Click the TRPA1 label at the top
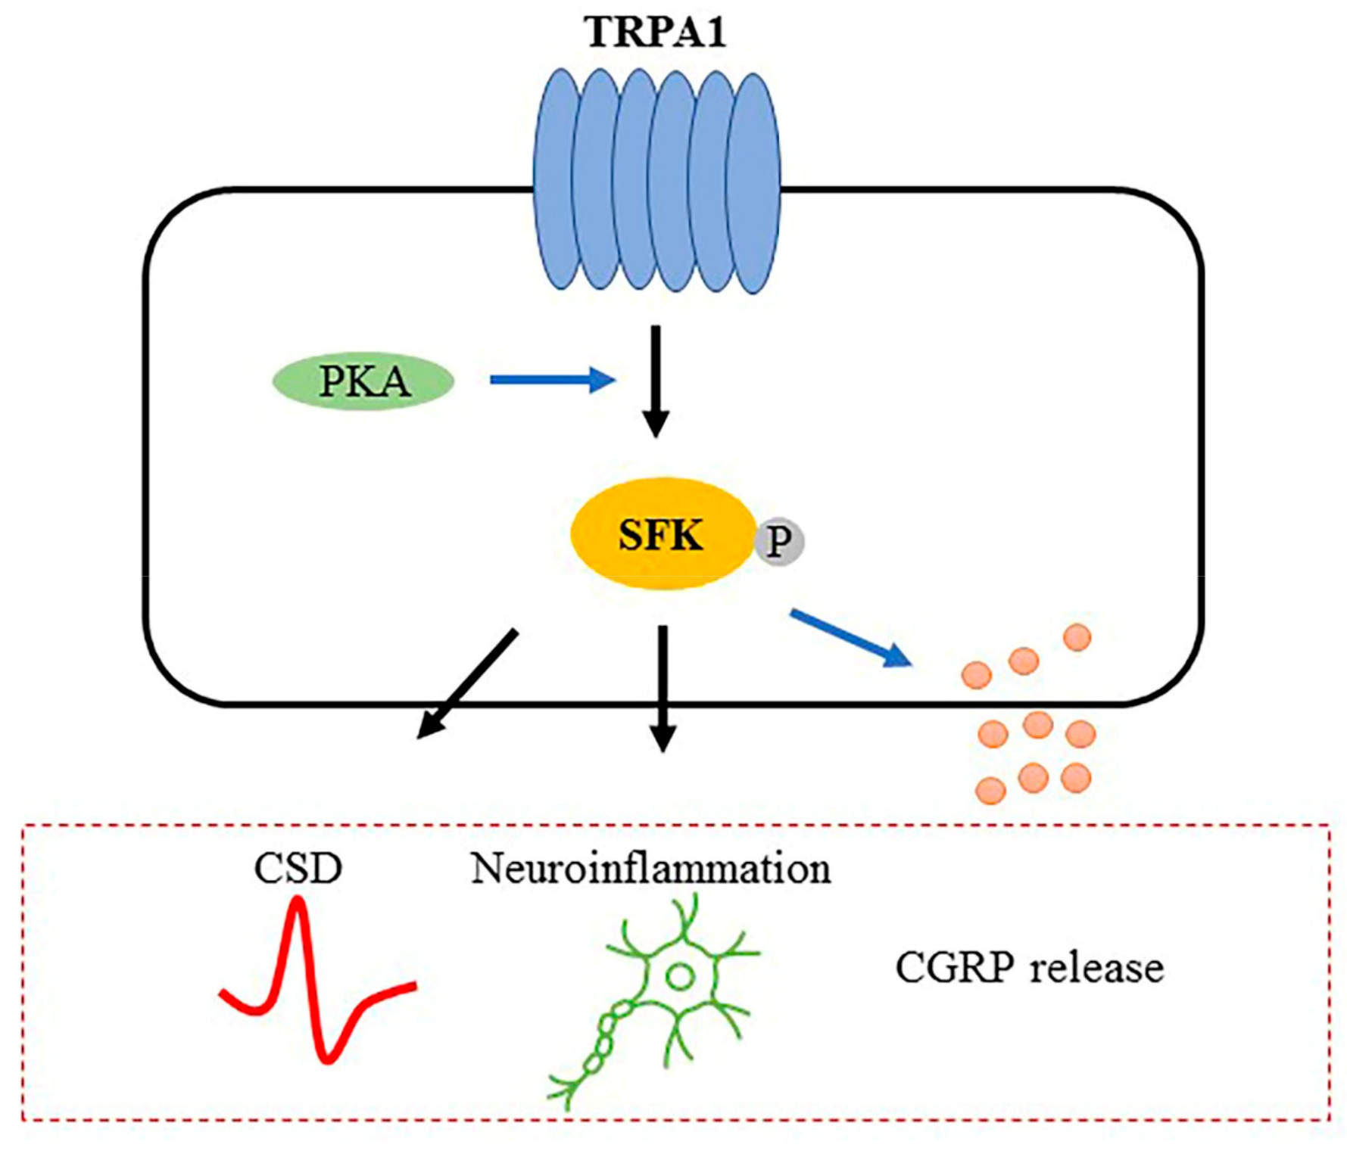(x=656, y=33)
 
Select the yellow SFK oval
(x=661, y=534)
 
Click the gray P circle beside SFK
(x=779, y=541)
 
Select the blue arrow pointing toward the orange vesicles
(x=849, y=636)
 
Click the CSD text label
(x=298, y=868)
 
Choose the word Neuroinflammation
(x=650, y=868)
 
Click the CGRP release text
(x=1029, y=968)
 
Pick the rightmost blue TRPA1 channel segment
(x=754, y=182)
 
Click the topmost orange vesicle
(x=1077, y=637)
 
